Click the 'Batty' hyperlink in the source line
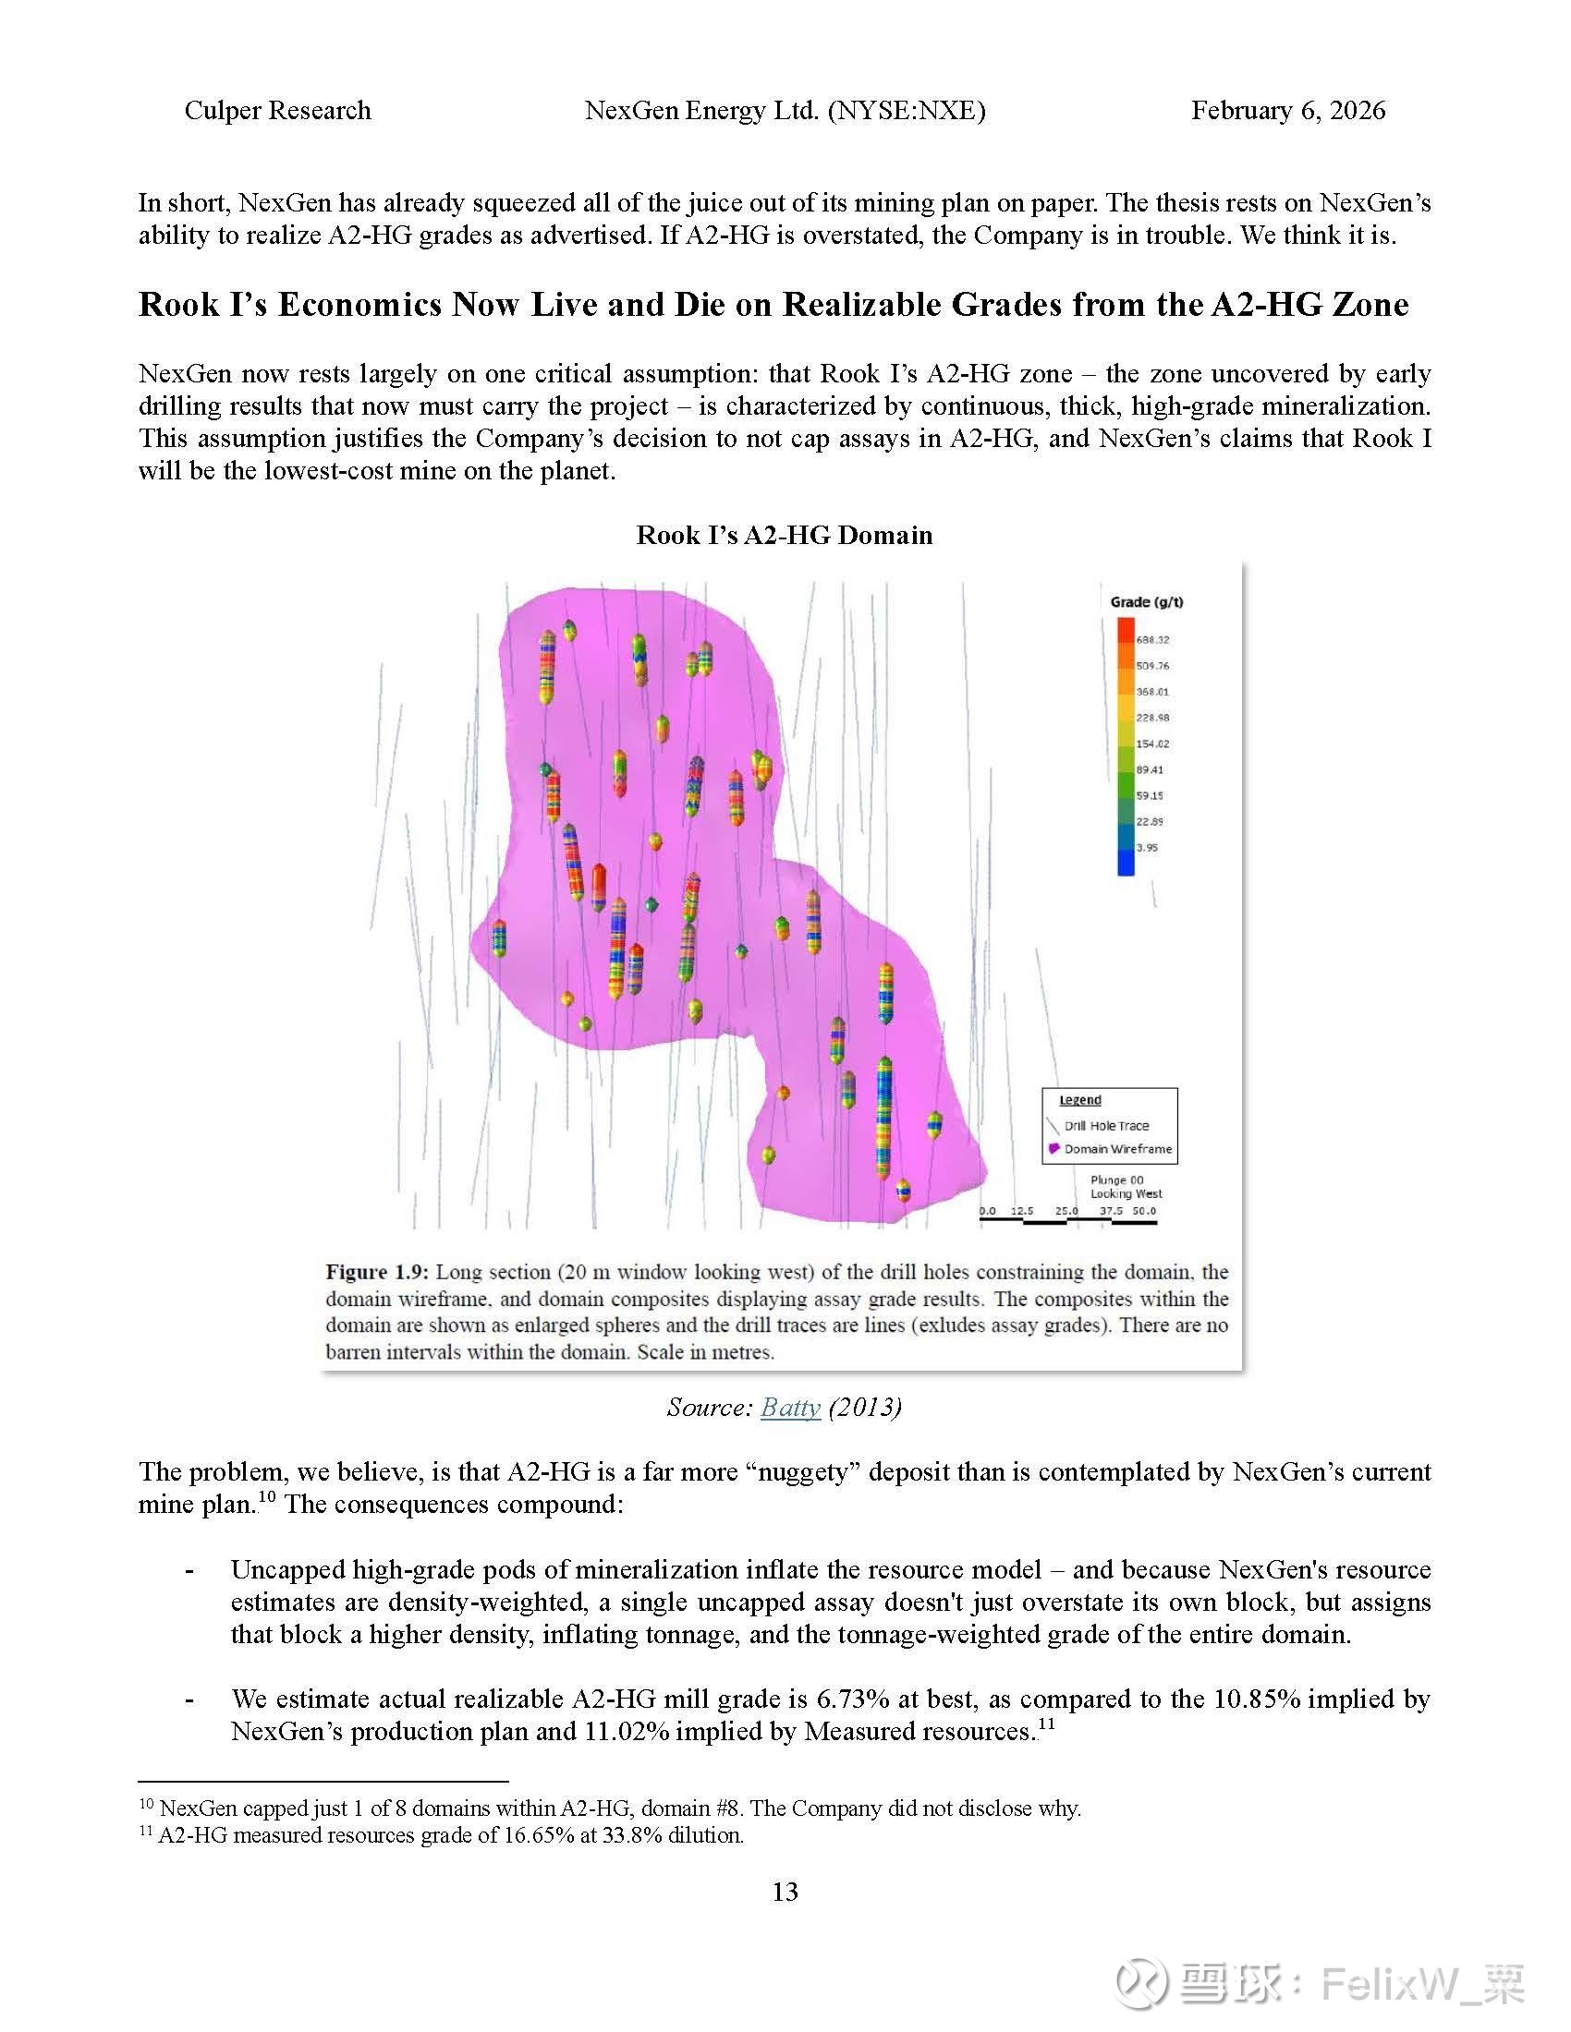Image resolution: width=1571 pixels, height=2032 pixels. [790, 1407]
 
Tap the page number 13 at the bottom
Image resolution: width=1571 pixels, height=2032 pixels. [785, 1892]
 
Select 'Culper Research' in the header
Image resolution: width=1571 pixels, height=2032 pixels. [277, 111]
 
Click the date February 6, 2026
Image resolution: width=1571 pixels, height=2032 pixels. [1288, 111]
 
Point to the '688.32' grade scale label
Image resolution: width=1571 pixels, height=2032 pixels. [1152, 640]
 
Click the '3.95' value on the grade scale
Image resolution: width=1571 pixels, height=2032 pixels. [1148, 848]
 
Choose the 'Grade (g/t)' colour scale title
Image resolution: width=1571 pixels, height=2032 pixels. [1147, 602]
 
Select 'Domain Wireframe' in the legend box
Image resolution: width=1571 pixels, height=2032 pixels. [1118, 1149]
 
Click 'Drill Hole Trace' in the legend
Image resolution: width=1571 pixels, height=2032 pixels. [1106, 1126]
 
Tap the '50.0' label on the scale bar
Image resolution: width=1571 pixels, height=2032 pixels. [1144, 1211]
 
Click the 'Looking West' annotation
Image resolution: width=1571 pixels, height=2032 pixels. [1126, 1193]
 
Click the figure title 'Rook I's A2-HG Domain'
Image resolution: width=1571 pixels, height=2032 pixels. [785, 535]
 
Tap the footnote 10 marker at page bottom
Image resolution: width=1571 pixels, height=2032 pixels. [146, 1805]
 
